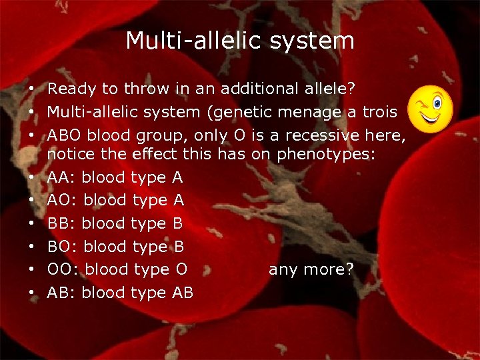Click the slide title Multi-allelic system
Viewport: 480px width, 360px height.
click(240, 41)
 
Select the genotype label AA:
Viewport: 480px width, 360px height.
click(61, 178)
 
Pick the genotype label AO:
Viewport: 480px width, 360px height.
click(62, 201)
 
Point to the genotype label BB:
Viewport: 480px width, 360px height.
click(61, 223)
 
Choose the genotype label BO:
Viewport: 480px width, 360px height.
click(62, 247)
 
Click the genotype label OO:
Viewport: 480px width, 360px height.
click(63, 269)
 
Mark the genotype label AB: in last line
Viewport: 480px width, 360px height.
click(61, 292)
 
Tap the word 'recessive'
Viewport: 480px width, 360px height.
click(324, 136)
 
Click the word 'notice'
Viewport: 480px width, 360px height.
click(71, 155)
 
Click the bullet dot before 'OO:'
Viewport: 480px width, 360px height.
click(32, 270)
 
